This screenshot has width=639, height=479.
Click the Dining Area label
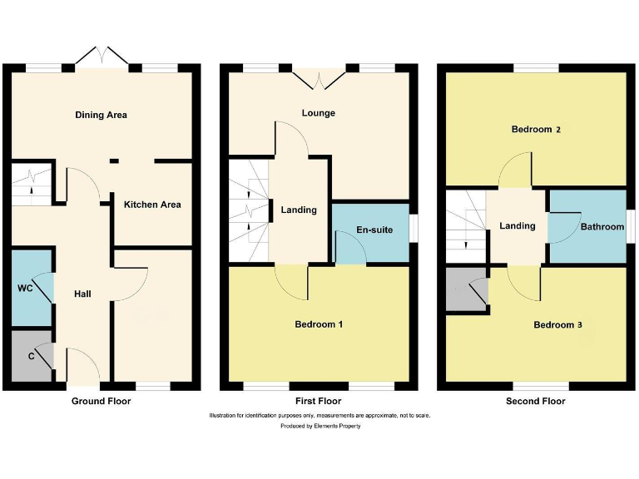tap(101, 115)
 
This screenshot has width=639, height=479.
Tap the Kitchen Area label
tap(152, 205)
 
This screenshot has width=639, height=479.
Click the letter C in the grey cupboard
tap(31, 356)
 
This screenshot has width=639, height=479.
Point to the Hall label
tap(83, 294)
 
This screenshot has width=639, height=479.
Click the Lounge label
tap(319, 113)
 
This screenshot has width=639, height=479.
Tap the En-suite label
tap(374, 230)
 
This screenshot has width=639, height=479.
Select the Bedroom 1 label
tap(319, 324)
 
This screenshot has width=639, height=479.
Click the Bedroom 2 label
tap(536, 130)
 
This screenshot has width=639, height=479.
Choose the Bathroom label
tap(602, 226)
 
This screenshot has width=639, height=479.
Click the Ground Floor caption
tap(101, 401)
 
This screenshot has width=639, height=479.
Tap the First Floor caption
tap(318, 401)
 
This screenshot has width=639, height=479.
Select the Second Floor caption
tap(535, 401)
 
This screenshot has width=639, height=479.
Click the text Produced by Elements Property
tap(319, 426)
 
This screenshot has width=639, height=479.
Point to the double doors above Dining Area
tap(101, 57)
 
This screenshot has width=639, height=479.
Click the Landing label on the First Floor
tap(298, 210)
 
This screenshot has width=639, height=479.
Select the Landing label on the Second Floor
tap(517, 226)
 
